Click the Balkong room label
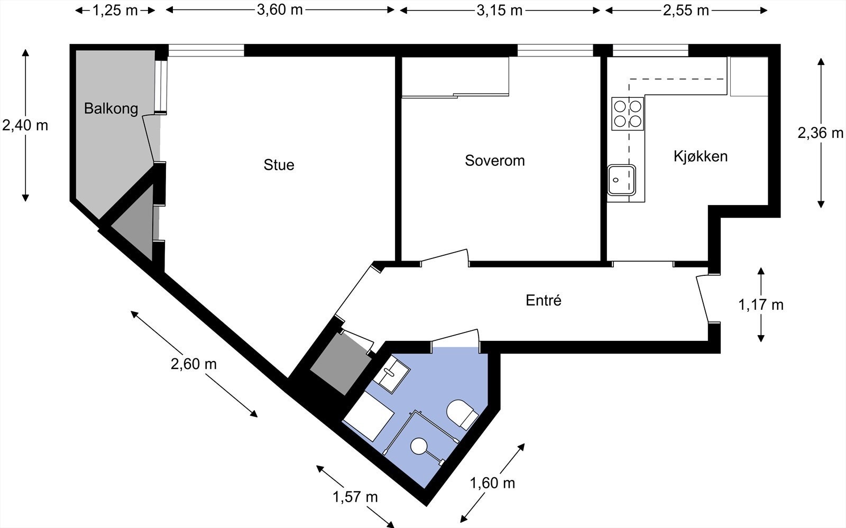pos(111,109)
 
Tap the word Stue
pos(279,165)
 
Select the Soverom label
pos(494,161)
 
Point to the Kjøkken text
pos(700,156)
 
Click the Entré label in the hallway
pos(543,301)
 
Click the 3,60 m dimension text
pos(280,10)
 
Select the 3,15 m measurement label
pos(499,11)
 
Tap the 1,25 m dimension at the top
pos(115,11)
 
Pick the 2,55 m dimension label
pos(686,11)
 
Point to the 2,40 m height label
pos(25,125)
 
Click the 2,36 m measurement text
pos(820,133)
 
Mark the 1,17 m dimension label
pos(760,305)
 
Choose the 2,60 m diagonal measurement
pos(194,364)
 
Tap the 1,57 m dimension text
pos(355,497)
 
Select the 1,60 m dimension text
pos(492,483)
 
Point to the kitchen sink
pos(621,180)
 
